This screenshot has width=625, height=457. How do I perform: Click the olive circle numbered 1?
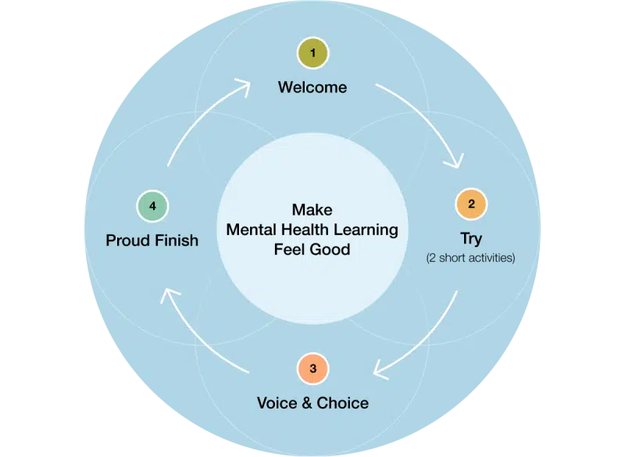(x=312, y=53)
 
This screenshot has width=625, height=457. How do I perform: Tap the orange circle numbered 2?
(x=471, y=205)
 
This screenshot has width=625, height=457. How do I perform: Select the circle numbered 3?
(x=312, y=369)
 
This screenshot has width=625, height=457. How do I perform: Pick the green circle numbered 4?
(x=153, y=206)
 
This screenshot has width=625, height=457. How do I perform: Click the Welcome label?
(x=312, y=87)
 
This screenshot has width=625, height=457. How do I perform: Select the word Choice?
(x=342, y=403)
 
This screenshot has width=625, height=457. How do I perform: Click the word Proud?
(x=128, y=240)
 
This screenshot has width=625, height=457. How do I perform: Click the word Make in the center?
(x=312, y=209)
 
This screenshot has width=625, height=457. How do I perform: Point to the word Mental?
(x=252, y=230)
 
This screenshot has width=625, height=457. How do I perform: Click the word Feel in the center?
(x=291, y=250)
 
